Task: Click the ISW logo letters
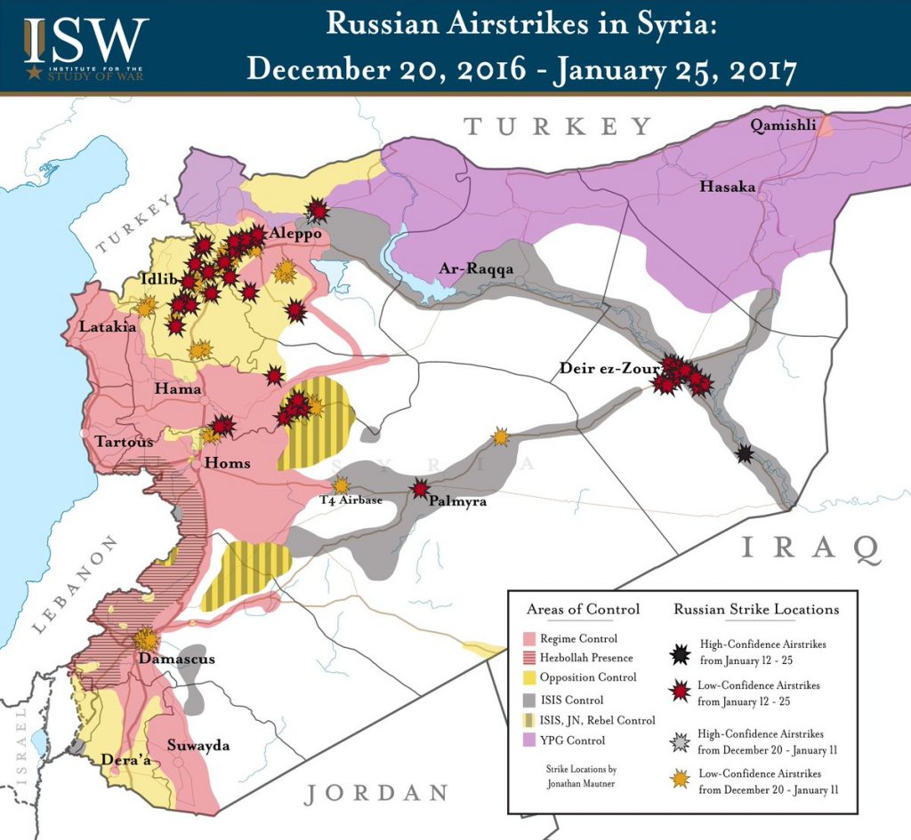point(85,37)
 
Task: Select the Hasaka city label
point(727,187)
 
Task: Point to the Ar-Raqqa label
point(477,269)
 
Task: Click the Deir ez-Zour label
point(609,368)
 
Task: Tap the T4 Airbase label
point(351,500)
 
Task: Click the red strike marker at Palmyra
point(420,488)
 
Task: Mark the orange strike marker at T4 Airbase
point(341,484)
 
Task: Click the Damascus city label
point(176,660)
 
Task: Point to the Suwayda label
point(198,745)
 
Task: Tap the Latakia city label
point(108,327)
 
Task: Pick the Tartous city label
point(124,441)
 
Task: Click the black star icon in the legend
point(681,653)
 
